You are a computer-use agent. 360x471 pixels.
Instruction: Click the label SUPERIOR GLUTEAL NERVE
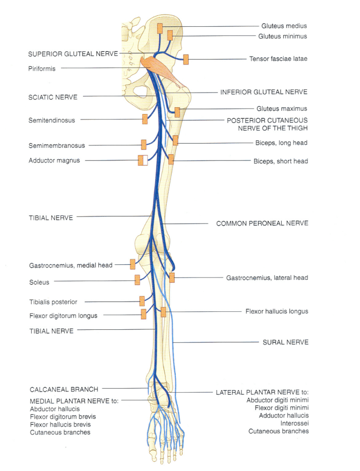point(73,54)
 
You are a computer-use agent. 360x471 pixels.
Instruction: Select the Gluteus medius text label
point(284,26)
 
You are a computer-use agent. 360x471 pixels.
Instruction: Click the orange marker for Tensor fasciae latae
point(186,59)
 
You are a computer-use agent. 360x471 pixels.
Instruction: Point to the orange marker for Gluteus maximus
point(177,112)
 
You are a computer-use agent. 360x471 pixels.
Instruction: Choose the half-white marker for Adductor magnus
point(143,160)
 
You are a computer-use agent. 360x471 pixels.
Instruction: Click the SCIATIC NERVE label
point(53,98)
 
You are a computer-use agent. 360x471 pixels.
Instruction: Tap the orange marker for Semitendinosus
point(145,119)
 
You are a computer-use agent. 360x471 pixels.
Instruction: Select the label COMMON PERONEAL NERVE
point(262,224)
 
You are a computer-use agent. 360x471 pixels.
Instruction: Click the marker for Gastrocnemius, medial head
point(133,264)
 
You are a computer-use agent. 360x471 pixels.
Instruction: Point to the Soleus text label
point(39,282)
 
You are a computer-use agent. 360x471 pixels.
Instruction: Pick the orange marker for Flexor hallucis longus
point(163,312)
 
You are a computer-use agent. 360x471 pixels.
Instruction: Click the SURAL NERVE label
point(285,342)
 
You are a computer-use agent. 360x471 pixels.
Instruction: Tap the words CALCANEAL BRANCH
point(64,389)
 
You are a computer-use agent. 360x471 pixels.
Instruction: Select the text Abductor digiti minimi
point(278,400)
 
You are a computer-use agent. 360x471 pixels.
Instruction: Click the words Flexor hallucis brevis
point(60,425)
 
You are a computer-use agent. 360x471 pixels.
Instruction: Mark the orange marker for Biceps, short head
point(171,159)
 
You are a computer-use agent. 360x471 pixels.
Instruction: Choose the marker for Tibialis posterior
point(142,301)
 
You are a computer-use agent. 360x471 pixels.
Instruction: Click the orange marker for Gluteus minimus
point(170,35)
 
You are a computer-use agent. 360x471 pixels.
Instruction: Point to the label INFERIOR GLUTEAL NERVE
point(264,92)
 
